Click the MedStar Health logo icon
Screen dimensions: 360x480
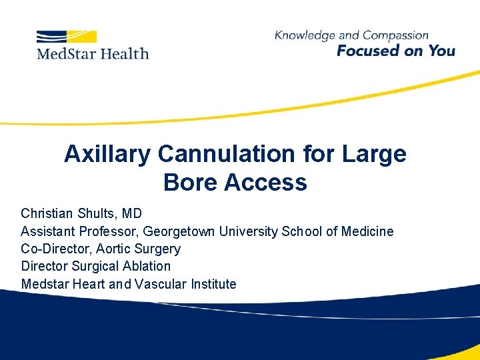coord(67,36)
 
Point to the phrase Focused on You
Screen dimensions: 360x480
coord(395,51)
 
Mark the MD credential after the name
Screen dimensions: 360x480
coord(131,214)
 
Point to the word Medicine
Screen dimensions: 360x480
coord(367,231)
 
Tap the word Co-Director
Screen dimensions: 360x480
coord(51,249)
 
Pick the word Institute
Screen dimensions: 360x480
coord(214,284)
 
